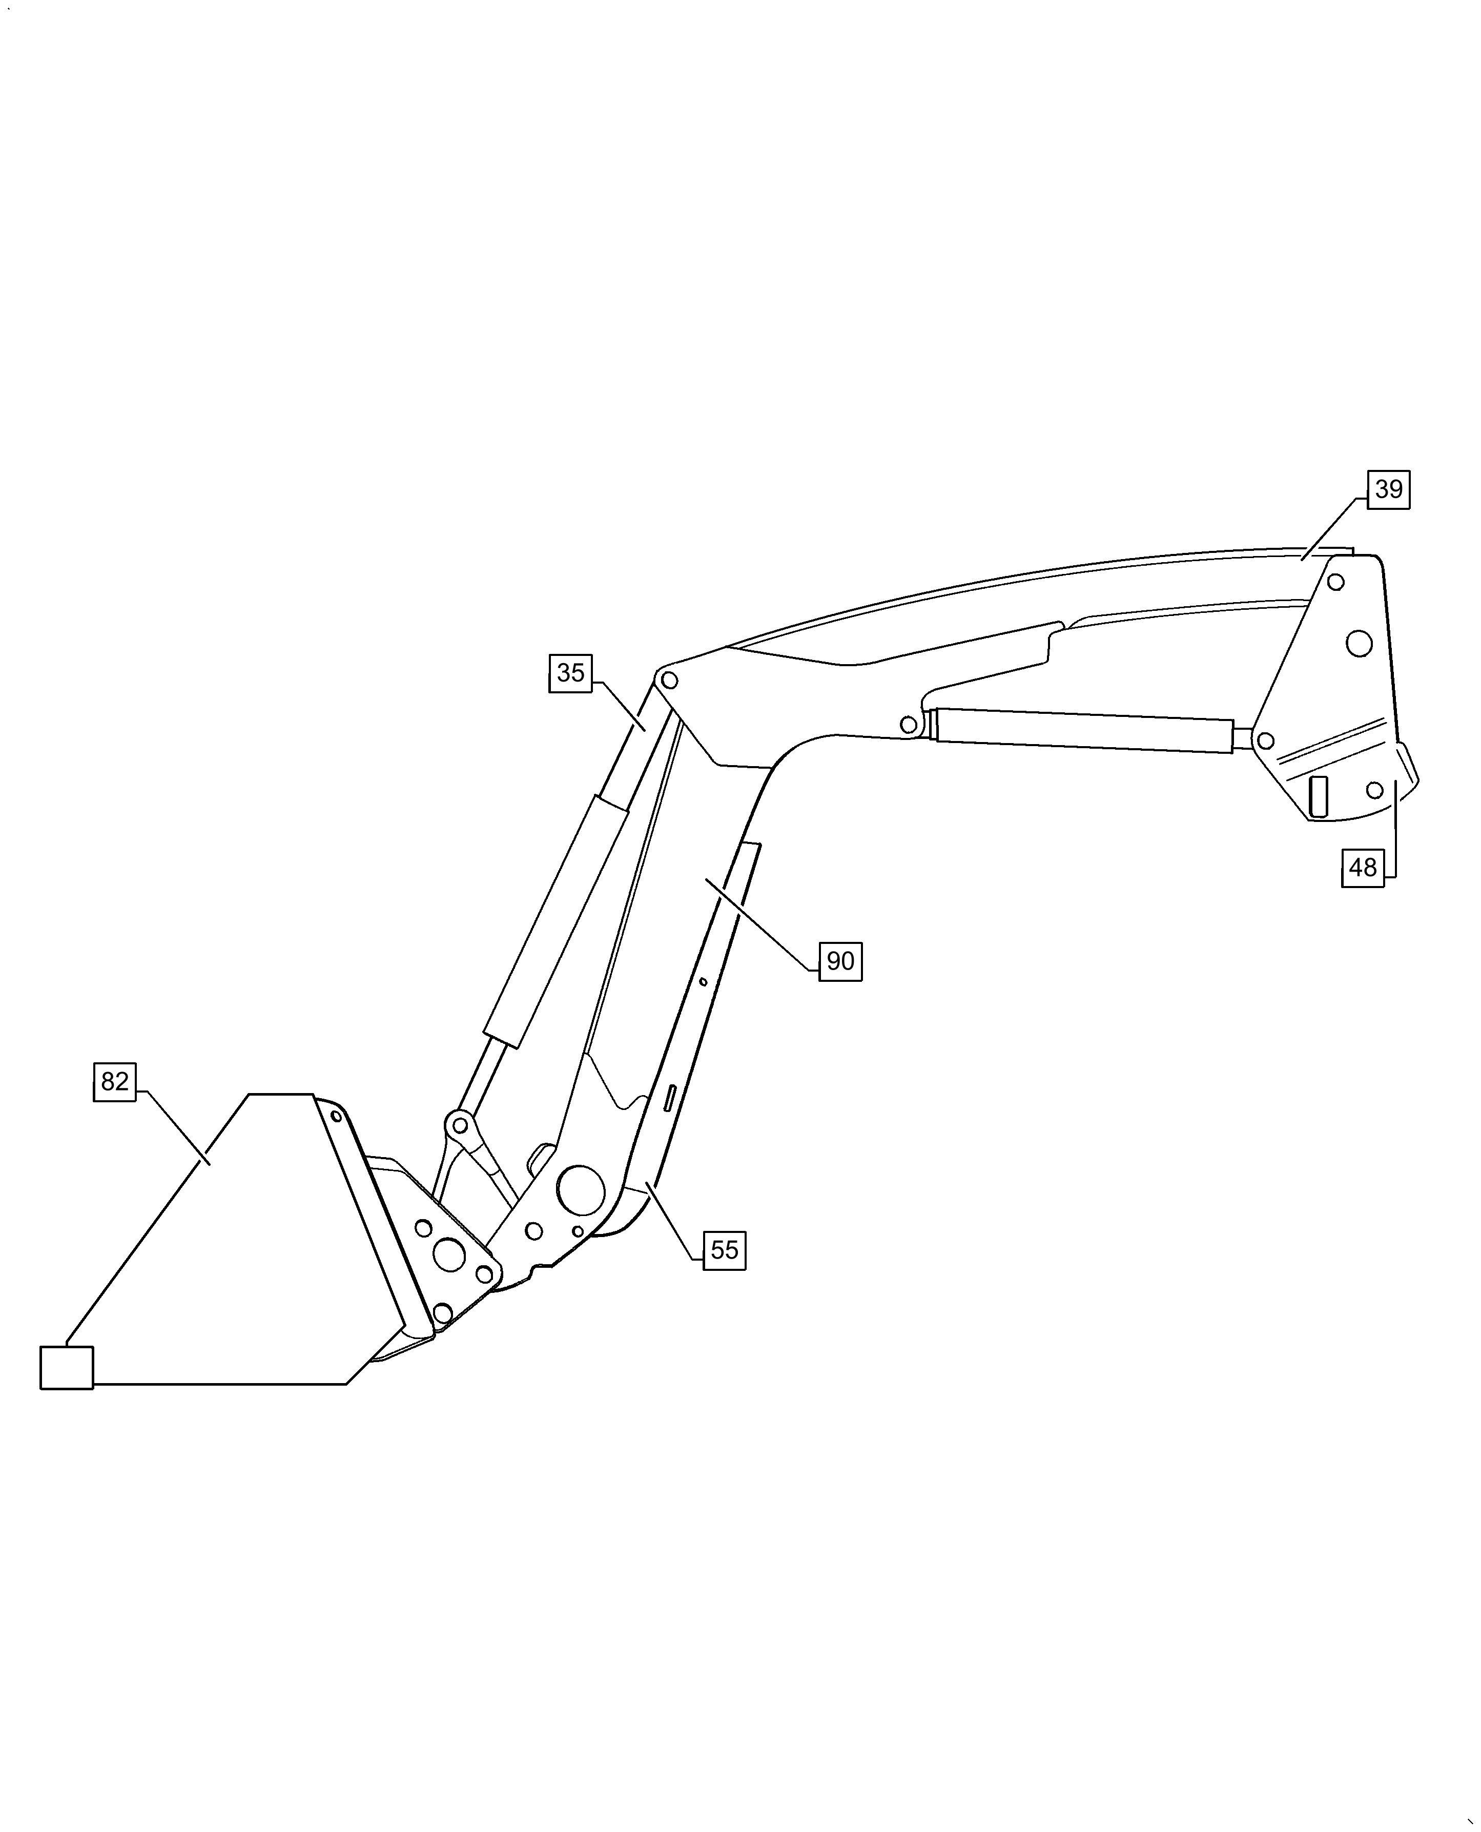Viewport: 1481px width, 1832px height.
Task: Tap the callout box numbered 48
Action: pos(1363,868)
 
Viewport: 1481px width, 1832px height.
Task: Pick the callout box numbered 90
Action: pos(840,962)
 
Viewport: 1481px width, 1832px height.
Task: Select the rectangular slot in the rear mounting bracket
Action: pos(1318,796)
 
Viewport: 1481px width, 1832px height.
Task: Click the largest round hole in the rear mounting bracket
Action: pos(1359,643)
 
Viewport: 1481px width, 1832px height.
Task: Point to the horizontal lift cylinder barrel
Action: pos(1083,731)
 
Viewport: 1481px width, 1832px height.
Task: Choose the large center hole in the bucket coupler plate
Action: pos(449,1254)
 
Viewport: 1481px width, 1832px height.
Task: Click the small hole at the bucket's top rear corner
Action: pos(336,1116)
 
